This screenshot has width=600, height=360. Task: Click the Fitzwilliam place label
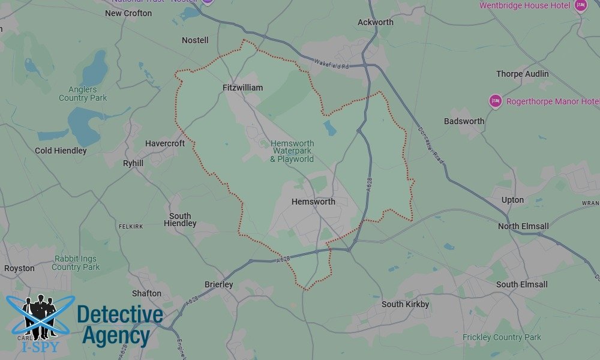click(x=242, y=88)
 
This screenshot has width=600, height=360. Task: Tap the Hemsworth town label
click(x=313, y=202)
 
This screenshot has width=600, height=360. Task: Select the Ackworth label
click(x=376, y=22)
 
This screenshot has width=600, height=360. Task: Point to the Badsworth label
click(x=464, y=121)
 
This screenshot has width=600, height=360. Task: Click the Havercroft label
click(x=165, y=144)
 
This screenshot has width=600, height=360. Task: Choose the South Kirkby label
click(x=406, y=304)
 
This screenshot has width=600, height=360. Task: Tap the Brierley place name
click(x=219, y=284)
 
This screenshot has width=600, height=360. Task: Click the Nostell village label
click(x=195, y=40)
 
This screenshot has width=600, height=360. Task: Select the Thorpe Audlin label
click(x=522, y=74)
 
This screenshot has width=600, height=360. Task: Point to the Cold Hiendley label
click(x=61, y=151)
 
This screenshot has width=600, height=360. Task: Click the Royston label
click(x=19, y=268)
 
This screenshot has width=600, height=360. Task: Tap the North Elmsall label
click(x=523, y=226)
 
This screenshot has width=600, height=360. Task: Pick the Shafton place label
click(x=146, y=293)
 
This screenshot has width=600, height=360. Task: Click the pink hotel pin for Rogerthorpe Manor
click(x=495, y=101)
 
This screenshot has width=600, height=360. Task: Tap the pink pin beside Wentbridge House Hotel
click(x=580, y=5)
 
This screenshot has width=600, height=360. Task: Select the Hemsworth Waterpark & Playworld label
click(x=292, y=151)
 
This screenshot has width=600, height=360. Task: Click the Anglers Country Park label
click(x=83, y=94)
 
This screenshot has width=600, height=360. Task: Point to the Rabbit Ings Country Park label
click(x=76, y=263)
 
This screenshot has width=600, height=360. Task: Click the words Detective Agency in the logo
click(x=119, y=325)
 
